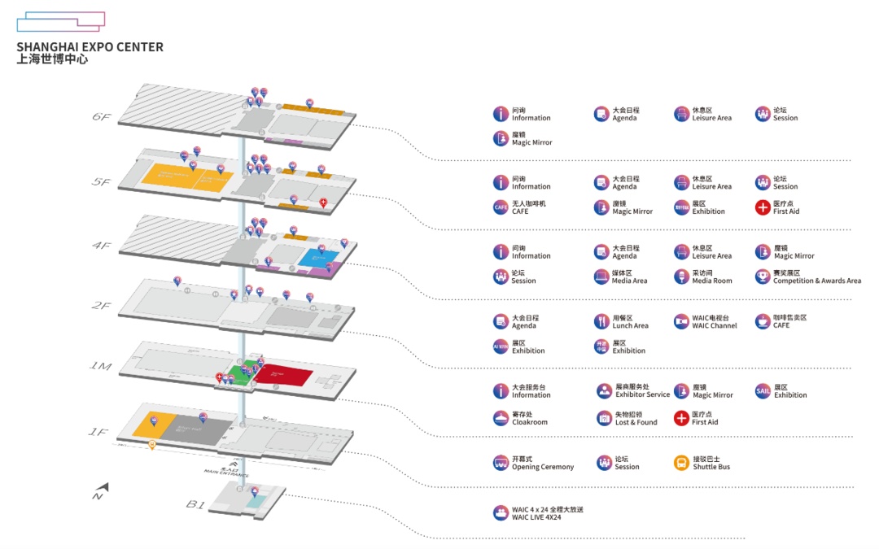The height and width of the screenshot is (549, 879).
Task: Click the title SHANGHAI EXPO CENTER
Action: [x=90, y=47]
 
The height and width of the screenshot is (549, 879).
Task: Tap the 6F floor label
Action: [x=101, y=117]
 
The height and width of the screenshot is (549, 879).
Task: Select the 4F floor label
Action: [x=101, y=245]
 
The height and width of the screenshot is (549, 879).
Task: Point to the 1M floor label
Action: [x=99, y=367]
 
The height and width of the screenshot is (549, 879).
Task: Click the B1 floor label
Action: [x=195, y=504]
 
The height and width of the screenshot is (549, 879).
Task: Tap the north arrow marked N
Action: [x=99, y=491]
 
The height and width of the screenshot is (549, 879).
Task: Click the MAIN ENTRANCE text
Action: [x=226, y=473]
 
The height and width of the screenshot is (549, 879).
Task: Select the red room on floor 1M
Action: [x=282, y=374]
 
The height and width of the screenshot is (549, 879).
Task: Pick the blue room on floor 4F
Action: [x=313, y=258]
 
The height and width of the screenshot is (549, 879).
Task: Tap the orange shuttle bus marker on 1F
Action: [x=152, y=445]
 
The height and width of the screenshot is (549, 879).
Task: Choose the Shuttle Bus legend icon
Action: [x=681, y=463]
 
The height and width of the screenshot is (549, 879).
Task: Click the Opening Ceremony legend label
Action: [x=542, y=467]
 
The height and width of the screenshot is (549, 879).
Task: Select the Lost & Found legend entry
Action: [x=635, y=422]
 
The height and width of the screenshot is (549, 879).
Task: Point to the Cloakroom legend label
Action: [x=530, y=422]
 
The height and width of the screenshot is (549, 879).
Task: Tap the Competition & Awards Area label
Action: [x=817, y=281]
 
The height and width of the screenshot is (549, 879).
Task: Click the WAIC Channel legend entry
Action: [x=715, y=325]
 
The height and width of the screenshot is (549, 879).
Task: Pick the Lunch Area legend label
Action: [x=630, y=325]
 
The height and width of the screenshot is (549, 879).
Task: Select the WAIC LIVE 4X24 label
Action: [x=536, y=517]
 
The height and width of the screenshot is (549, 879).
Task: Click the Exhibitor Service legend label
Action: [x=642, y=395]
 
